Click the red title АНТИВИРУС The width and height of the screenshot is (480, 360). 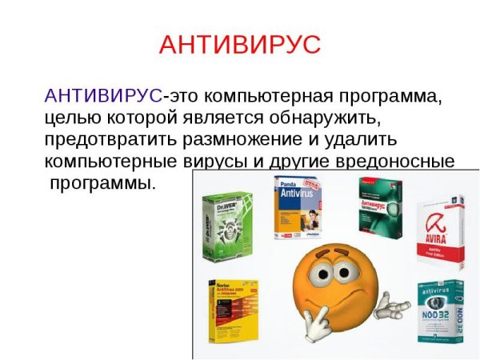[240, 45]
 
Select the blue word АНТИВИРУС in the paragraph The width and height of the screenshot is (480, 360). [103, 97]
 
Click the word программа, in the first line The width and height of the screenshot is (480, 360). [389, 97]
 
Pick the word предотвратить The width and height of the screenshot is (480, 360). [109, 140]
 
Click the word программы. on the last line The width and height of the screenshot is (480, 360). [102, 182]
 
